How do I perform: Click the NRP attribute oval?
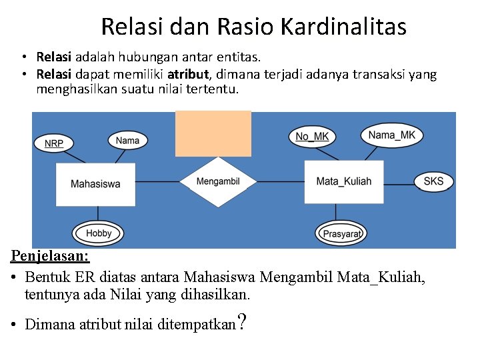(54, 143)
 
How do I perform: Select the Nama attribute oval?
(127, 140)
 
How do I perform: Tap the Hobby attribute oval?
(98, 233)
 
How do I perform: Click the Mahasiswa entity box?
(95, 183)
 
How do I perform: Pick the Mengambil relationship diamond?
(218, 181)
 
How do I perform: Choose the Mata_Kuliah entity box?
(343, 181)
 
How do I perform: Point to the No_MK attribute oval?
(311, 137)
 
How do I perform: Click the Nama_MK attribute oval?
(391, 135)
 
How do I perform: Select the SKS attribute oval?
(433, 181)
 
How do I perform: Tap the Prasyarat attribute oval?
(341, 233)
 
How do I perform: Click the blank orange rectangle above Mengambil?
(213, 133)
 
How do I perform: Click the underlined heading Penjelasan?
(50, 255)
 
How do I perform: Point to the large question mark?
(243, 323)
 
